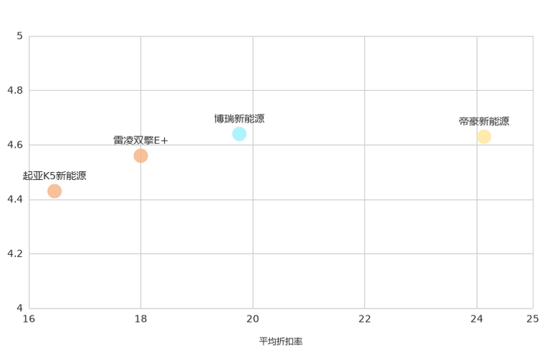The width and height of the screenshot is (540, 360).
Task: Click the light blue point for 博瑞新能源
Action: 239,134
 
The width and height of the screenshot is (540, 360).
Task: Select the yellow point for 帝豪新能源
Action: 484,136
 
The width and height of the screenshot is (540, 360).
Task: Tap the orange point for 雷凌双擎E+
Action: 141,156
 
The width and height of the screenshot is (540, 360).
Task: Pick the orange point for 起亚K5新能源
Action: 54,191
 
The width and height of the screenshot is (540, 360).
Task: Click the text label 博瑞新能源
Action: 240,119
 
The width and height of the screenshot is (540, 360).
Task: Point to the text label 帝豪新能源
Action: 484,121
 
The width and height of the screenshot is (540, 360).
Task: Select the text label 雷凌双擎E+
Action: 141,141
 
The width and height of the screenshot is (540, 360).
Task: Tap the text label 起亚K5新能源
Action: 54,176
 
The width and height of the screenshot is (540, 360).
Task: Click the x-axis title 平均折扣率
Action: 281,341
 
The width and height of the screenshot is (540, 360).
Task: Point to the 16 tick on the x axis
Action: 29,319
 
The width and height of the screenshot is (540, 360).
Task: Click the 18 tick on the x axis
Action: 141,319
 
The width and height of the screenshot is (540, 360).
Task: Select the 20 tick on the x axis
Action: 253,319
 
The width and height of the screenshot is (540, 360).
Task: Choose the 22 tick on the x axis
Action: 364,319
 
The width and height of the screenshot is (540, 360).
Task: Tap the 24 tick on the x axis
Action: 477,319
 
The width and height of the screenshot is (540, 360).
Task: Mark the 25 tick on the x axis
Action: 533,319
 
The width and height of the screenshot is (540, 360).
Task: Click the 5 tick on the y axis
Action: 20,36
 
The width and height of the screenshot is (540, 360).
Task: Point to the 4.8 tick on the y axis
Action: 15,90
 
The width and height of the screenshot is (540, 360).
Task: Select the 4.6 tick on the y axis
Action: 15,144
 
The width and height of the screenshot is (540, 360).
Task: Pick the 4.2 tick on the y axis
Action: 15,253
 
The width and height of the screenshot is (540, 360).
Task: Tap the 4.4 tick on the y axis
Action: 15,199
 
